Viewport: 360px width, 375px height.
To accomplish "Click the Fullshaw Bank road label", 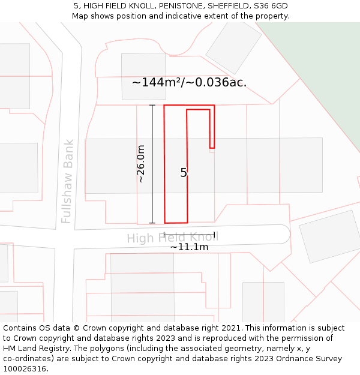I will pyautogui.click(x=67, y=181).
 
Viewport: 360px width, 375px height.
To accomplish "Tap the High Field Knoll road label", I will pyautogui.click(x=172, y=238).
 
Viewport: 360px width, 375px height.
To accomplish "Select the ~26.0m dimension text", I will pyautogui.click(x=141, y=163).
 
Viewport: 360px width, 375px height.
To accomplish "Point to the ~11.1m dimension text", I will pyautogui.click(x=189, y=247).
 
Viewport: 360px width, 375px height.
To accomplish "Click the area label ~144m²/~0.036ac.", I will pyautogui.click(x=189, y=82).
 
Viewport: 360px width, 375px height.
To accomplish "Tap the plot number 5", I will pyautogui.click(x=184, y=173).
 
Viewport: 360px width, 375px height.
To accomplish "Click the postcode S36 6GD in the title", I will pyautogui.click(x=270, y=6).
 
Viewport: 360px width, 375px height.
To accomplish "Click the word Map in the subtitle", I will pyautogui.click(x=80, y=16).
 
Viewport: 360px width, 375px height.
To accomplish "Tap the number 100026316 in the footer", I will pyautogui.click(x=25, y=369).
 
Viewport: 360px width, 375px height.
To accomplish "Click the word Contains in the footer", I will pyautogui.click(x=20, y=328).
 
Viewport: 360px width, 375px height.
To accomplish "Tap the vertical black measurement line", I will pyautogui.click(x=152, y=163).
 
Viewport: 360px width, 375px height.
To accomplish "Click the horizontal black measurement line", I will pyautogui.click(x=189, y=235).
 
